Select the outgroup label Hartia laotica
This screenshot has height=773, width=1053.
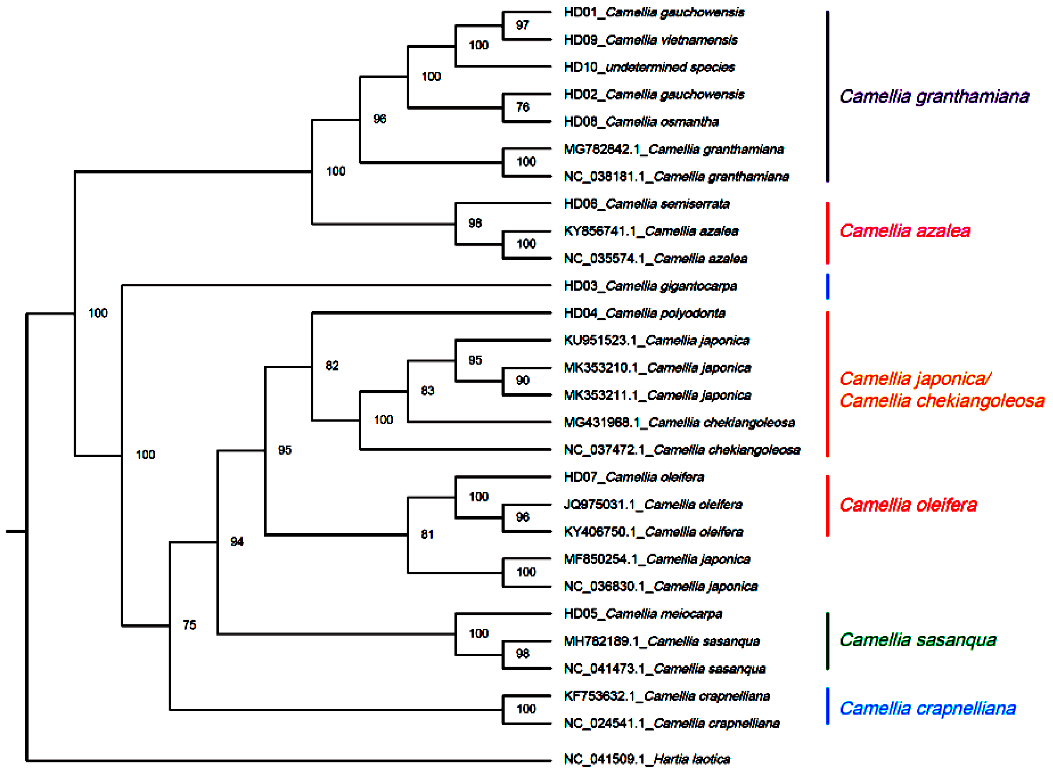coord(647,759)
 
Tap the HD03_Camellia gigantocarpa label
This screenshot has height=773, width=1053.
coord(650,286)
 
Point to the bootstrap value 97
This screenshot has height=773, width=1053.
coord(522,25)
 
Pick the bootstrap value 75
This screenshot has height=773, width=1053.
coord(189,625)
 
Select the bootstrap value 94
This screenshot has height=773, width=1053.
coord(237,542)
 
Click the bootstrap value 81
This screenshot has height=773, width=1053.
coord(427,534)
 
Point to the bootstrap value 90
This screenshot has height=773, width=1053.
coord(522,380)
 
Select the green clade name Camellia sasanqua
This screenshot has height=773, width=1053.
coord(917,640)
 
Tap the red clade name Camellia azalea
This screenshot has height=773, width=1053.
coord(904,231)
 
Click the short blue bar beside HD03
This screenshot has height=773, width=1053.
coord(827,286)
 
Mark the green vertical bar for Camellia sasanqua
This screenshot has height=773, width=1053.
coord(827,641)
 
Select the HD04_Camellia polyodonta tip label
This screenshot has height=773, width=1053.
coord(644,313)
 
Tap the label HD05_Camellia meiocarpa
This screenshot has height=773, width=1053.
coord(643,614)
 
